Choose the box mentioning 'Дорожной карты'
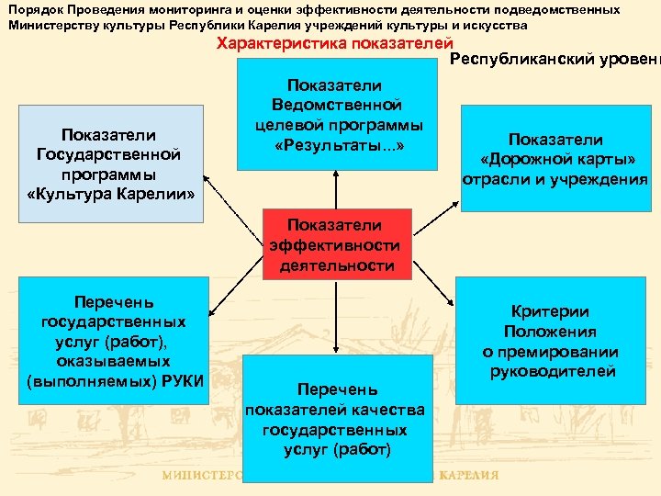tap(555, 159)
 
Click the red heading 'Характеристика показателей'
tap(334, 43)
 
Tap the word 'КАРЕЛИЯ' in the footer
tap(469, 476)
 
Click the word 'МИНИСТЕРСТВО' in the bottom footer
tap(202, 476)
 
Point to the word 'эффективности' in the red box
tap(334, 245)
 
